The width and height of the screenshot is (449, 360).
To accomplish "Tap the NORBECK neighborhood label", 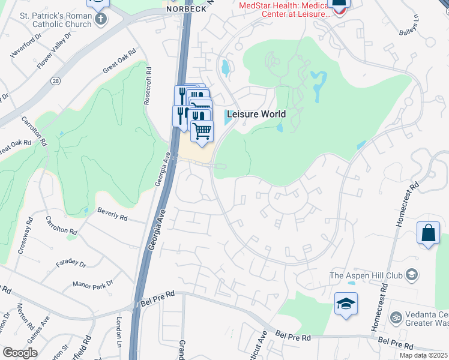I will pyautogui.click(x=182, y=9).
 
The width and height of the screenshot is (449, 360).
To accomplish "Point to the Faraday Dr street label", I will pyautogui.click(x=71, y=263).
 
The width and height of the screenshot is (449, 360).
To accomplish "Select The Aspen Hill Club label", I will pyautogui.click(x=367, y=276).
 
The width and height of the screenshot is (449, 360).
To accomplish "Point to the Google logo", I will pyautogui.click(x=20, y=353).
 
